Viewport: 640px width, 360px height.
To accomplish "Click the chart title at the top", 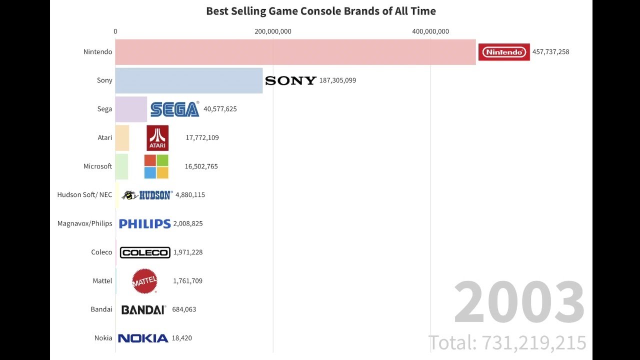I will tap(321, 11).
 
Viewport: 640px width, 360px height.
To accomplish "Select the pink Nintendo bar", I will tap(295, 52).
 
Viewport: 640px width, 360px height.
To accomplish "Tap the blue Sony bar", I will tap(188, 80).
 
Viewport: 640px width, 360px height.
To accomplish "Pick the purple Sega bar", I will tap(131, 109).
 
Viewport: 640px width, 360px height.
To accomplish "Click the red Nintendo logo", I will tap(504, 52).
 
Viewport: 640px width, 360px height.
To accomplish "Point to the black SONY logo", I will tap(290, 80).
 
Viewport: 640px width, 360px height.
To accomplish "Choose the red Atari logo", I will tap(157, 138).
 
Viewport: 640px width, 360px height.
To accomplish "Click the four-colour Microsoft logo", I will tap(156, 166).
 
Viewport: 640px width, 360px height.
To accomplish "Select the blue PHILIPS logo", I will tap(145, 223).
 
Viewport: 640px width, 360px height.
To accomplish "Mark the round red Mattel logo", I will tap(144, 281).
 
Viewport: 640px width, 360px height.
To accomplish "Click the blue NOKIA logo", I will tap(143, 338).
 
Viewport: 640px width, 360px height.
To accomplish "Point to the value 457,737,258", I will tap(550, 52).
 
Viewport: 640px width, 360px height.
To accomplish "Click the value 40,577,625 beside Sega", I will tap(220, 109).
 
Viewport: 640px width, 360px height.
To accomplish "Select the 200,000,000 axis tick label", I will tap(273, 31).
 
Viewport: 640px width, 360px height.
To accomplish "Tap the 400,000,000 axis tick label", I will tap(430, 31).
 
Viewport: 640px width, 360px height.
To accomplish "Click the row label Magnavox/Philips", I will tap(85, 223).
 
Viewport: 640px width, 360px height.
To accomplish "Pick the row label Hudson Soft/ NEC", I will tap(85, 195).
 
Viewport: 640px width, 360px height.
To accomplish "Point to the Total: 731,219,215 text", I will tap(507, 343).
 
